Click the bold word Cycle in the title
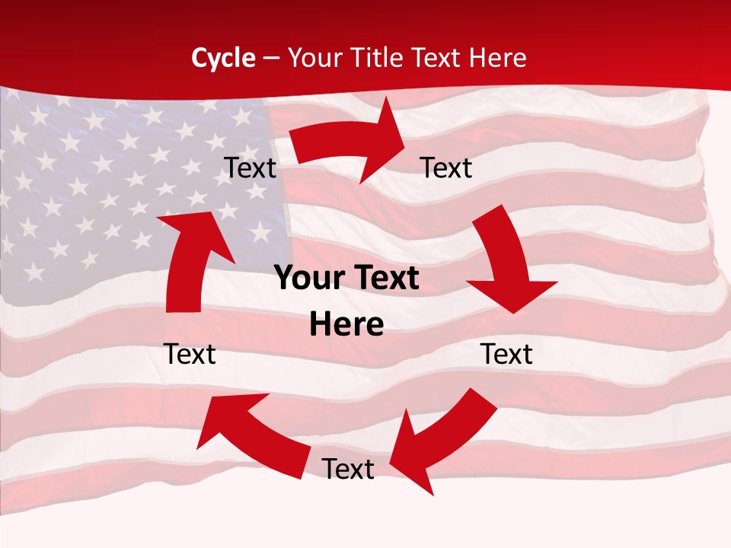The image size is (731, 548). click(223, 58)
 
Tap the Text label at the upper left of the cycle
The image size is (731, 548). click(250, 168)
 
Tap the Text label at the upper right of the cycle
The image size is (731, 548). click(446, 168)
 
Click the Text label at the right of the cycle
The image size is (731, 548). click(506, 354)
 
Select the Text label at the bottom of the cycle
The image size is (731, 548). click(348, 470)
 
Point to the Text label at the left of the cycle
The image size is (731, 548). click(190, 354)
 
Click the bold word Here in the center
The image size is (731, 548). click(346, 325)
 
